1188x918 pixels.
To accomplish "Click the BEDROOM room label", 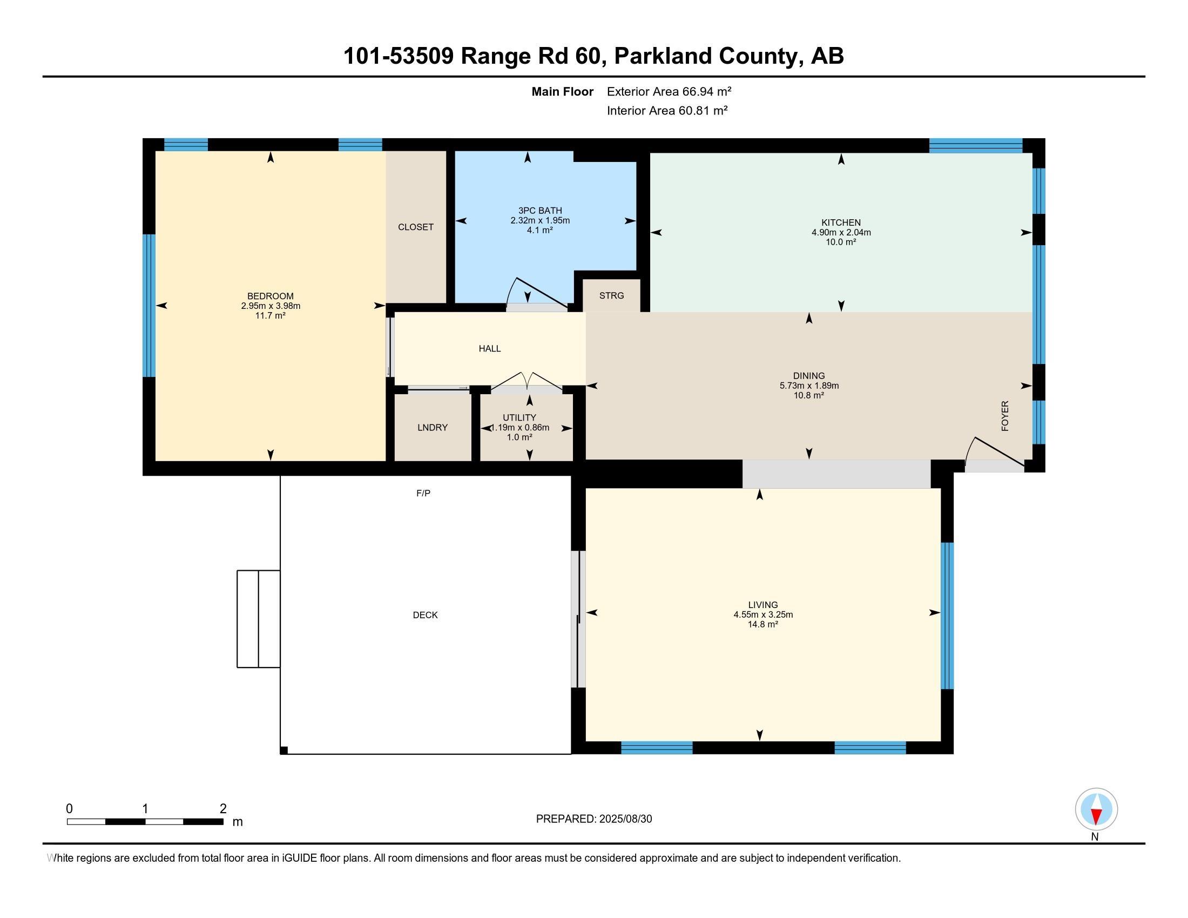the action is [271, 296].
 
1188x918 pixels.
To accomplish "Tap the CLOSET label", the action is [416, 227].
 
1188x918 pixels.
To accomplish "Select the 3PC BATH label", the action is [540, 211].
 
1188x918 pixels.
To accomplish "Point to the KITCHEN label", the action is [841, 222].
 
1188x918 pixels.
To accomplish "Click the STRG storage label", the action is [611, 295].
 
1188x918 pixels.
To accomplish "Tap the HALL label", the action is [490, 349].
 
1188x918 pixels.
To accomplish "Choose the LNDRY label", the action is [433, 428].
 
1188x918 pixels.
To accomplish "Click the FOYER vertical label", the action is [1005, 416].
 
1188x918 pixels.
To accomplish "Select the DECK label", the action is [426, 615].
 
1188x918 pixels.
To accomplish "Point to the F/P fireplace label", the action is [423, 493].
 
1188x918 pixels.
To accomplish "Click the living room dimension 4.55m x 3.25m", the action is [763, 615].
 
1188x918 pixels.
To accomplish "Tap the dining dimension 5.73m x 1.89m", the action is [809, 386].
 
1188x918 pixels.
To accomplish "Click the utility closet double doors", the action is [526, 382].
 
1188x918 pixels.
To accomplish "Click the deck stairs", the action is [258, 619].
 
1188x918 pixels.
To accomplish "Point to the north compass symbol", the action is [1096, 809].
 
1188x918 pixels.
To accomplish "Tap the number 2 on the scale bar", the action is [223, 809].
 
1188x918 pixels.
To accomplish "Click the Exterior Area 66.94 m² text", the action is [669, 91].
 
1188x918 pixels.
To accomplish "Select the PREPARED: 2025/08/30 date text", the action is [594, 819].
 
